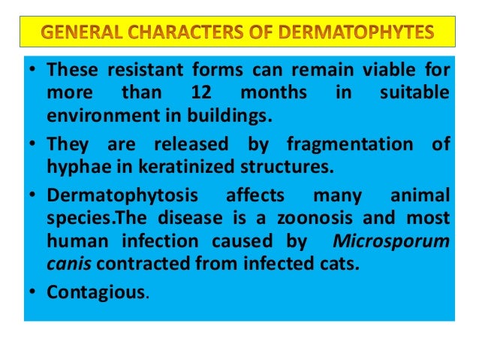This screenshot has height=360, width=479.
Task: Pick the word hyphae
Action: click(74, 165)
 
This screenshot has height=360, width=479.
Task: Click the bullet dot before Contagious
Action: click(32, 292)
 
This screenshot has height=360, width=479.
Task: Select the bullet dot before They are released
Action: click(32, 144)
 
